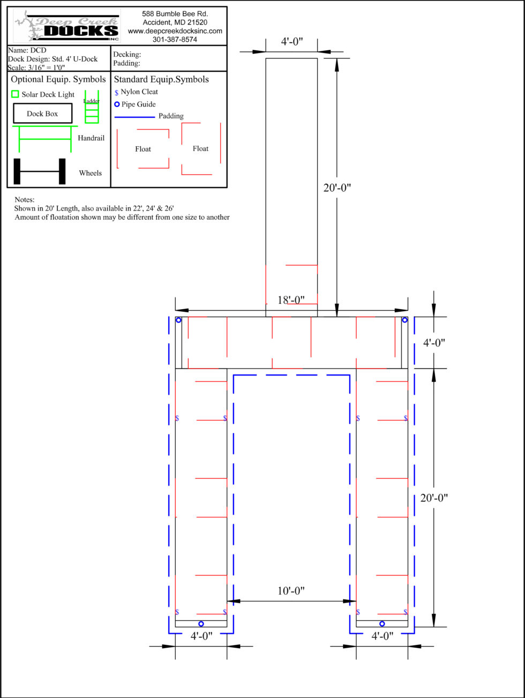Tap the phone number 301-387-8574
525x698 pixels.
(x=175, y=40)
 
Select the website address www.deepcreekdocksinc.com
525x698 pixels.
(x=175, y=31)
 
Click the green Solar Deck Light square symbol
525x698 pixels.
(x=15, y=94)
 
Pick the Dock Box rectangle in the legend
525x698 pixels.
(x=43, y=113)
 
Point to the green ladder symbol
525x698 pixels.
(x=92, y=107)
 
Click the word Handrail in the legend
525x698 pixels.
(x=91, y=138)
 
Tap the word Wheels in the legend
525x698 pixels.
(x=91, y=173)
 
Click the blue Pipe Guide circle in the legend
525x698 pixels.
(x=117, y=104)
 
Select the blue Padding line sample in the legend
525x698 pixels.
(x=134, y=117)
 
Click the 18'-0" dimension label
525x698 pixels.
(x=291, y=300)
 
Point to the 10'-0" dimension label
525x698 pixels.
(x=291, y=591)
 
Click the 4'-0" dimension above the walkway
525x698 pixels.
(x=291, y=42)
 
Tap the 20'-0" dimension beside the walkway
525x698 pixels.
(x=337, y=188)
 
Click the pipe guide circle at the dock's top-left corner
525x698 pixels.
(x=179, y=320)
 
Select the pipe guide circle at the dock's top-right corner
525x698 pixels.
(x=405, y=320)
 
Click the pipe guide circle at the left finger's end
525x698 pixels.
(x=201, y=624)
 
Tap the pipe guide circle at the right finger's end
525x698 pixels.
(x=382, y=624)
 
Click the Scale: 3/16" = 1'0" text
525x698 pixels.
(x=36, y=67)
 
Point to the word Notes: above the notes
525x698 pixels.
(x=25, y=200)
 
